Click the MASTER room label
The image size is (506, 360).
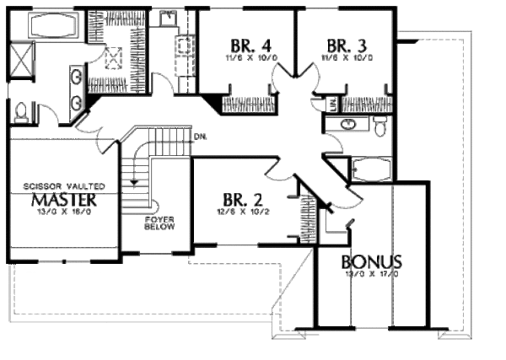click(63, 200)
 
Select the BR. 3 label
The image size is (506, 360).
click(347, 46)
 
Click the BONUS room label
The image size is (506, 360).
click(372, 261)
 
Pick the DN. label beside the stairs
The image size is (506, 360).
click(200, 137)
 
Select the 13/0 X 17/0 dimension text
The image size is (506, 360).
click(371, 274)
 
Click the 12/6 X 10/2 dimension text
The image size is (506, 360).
click(243, 214)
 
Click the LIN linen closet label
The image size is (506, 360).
click(331, 103)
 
